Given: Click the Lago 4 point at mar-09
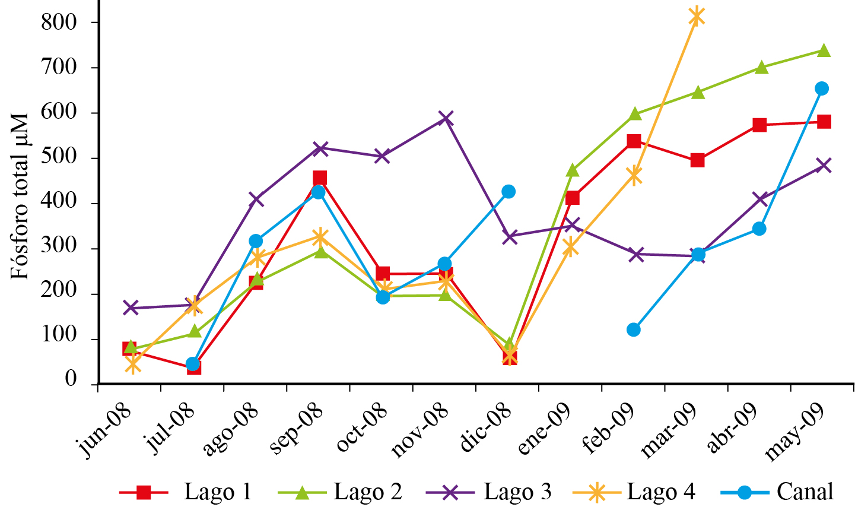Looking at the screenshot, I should tap(697, 16).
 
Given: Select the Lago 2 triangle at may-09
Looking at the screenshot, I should tap(823, 50).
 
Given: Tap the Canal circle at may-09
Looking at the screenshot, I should tap(822, 88).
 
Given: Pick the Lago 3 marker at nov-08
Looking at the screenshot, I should tap(446, 118).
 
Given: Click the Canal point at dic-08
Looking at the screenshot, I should tap(508, 192).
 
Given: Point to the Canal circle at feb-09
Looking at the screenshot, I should tap(634, 329).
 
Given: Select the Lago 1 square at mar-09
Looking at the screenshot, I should tap(697, 160).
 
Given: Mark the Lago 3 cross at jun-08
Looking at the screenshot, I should tap(131, 308).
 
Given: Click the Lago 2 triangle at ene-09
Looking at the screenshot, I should tap(573, 170).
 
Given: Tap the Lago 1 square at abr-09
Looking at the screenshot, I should tap(759, 125).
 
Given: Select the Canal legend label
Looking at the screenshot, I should tap(805, 492).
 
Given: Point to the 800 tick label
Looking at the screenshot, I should tap(60, 23).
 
